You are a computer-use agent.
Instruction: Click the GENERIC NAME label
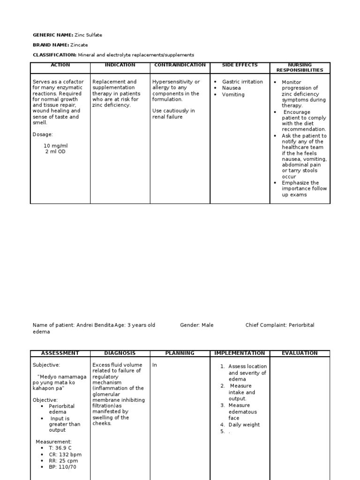coord(52,35)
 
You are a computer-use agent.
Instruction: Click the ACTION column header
coord(60,65)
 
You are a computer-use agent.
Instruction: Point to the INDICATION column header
coord(120,65)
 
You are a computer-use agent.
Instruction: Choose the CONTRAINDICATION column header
coord(180,65)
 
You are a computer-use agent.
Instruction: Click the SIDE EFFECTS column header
coord(240,65)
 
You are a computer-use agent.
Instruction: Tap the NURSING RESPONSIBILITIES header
coord(300,67)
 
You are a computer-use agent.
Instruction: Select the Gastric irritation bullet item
coord(242,82)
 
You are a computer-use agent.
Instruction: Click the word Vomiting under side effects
coord(233,94)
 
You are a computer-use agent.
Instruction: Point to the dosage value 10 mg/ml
coord(56,146)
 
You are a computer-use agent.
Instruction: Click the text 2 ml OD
coord(55,152)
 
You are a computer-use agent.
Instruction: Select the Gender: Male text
coord(197,325)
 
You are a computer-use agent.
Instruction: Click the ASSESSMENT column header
coord(60,353)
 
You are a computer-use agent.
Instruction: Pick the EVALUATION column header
coord(300,353)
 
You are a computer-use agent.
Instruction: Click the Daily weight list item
coord(244,425)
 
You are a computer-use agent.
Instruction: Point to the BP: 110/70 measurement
coord(62,467)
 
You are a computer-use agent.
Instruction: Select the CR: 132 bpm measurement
coord(65,454)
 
